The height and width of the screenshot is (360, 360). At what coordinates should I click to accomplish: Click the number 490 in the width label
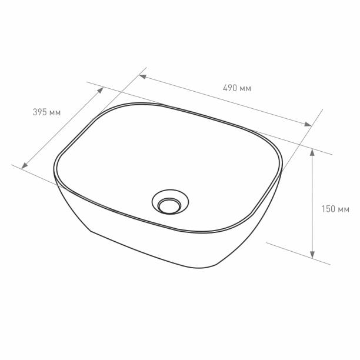[x=229, y=88]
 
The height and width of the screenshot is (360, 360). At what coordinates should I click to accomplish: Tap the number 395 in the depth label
[x=39, y=112]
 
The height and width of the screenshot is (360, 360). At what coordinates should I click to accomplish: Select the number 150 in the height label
[x=329, y=208]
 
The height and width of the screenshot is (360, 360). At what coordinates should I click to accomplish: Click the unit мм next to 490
[x=245, y=88]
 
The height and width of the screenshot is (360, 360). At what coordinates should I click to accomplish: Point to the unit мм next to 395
[x=55, y=112]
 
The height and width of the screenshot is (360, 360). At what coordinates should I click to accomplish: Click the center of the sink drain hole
[x=169, y=205]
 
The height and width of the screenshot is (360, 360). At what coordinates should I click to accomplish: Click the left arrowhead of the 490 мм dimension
[x=142, y=77]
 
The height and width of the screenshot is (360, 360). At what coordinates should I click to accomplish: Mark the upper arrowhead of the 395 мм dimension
[x=101, y=90]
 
